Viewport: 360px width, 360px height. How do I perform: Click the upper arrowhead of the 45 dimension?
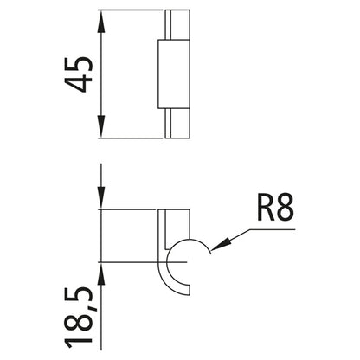point(102,19)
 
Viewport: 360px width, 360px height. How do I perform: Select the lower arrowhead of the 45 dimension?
point(102,130)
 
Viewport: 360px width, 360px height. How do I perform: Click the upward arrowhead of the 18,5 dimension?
point(102,270)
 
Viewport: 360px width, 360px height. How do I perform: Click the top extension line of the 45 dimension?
point(130,10)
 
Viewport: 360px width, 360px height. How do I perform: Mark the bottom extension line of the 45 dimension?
point(130,138)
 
